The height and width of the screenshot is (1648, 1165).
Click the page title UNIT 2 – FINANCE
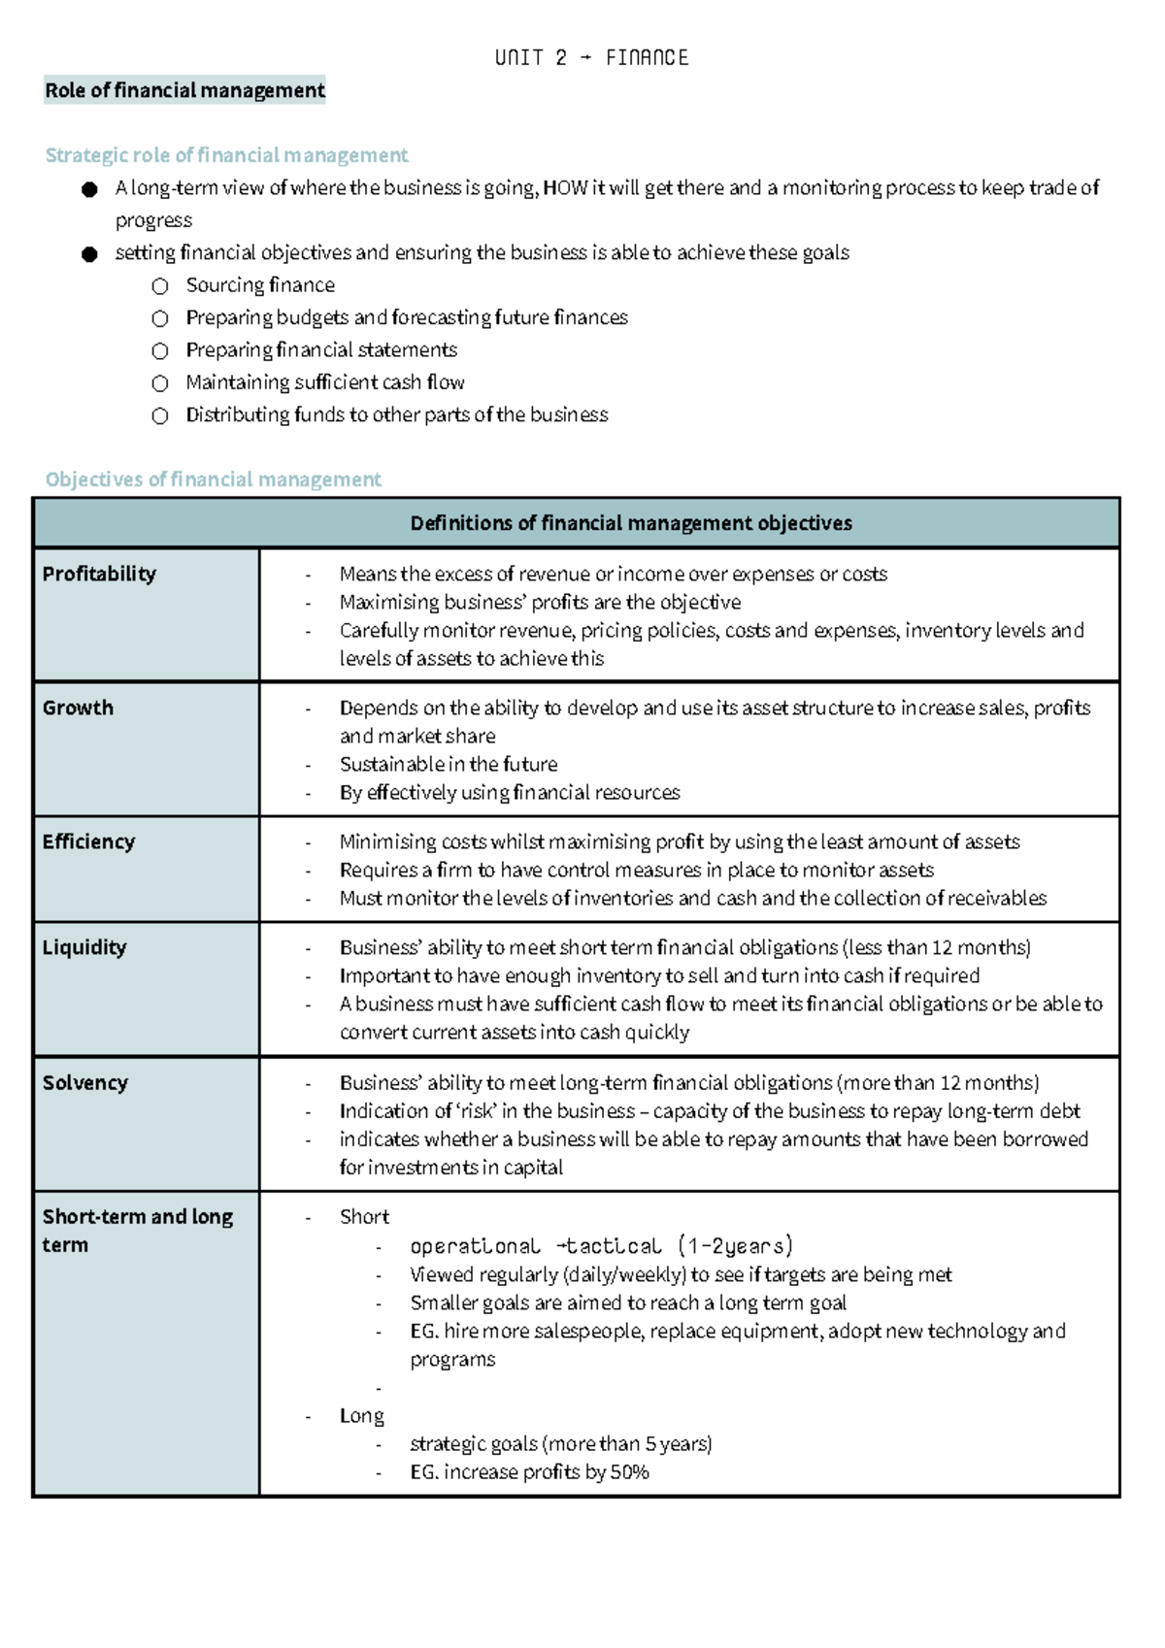coord(591,58)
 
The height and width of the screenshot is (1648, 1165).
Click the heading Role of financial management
coord(184,90)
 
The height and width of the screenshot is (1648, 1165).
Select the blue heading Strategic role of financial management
coord(226,155)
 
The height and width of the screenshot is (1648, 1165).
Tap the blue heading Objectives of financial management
coord(213,479)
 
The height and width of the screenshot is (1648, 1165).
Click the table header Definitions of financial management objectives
coord(630,523)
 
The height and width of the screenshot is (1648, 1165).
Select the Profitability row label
coord(99,574)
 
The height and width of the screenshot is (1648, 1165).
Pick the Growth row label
coord(78,708)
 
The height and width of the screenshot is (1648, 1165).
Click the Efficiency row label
coord(88,841)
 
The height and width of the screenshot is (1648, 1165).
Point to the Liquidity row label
coord(84,947)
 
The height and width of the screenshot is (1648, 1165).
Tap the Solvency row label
coord(84,1082)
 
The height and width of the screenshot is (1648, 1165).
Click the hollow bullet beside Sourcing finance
coord(160,286)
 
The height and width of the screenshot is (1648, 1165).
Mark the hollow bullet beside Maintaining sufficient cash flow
coord(160,383)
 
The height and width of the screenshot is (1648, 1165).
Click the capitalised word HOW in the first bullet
coord(564,188)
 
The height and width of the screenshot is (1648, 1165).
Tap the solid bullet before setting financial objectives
coord(89,254)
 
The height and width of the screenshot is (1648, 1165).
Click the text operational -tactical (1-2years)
coord(601,1246)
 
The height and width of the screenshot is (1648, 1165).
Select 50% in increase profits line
coord(629,1472)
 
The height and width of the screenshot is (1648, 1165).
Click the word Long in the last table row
coord(362,1416)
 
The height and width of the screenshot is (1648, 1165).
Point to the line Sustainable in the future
coord(449,764)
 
